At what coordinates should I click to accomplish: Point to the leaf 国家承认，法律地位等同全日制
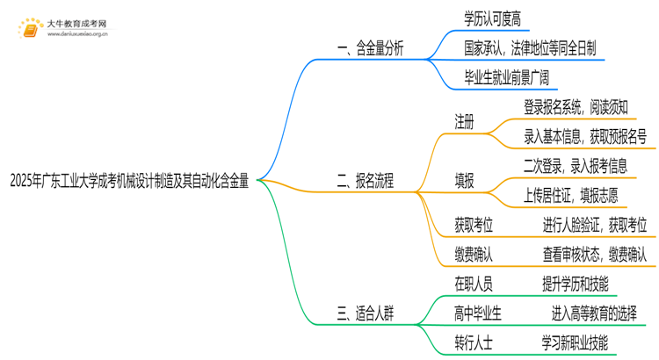tap(530, 48)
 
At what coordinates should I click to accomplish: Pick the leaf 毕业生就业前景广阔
tap(507, 77)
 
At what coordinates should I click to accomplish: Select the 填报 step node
tap(464, 182)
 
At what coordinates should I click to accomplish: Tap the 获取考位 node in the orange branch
tap(474, 226)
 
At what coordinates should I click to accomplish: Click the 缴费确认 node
tap(474, 255)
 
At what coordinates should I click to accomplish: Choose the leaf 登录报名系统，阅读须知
tap(576, 107)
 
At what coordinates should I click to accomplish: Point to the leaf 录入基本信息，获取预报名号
tap(585, 136)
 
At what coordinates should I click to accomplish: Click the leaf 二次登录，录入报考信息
tap(576, 166)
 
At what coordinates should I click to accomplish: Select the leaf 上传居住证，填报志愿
tap(576, 196)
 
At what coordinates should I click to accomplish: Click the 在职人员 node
tap(474, 284)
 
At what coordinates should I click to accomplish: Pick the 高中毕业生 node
tap(478, 313)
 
